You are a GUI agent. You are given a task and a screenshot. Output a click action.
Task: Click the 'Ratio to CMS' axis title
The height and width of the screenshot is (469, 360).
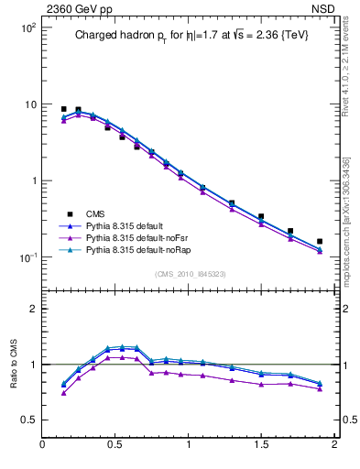14,364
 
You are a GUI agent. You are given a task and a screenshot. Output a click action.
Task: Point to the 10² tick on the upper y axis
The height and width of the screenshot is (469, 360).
28,27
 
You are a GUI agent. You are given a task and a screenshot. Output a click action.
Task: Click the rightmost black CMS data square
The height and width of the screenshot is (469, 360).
320,242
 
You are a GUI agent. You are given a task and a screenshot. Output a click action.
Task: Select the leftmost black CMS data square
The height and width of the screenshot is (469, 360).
63,109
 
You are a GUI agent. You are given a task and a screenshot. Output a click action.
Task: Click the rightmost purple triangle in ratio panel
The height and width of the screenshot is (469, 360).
320,389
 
